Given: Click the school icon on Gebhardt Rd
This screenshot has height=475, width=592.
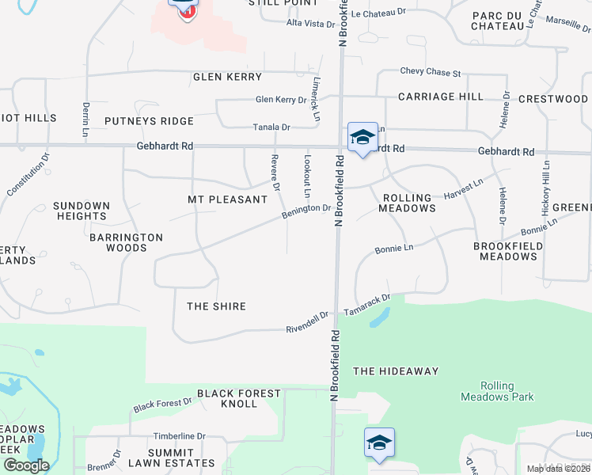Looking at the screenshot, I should (362, 137).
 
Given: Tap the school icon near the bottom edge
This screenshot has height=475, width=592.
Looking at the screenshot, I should (379, 443).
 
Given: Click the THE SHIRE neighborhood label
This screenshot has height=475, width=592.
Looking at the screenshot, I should (216, 306).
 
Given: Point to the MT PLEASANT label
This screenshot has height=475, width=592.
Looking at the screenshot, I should (228, 199).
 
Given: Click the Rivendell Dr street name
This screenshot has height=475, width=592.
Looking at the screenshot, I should (307, 321).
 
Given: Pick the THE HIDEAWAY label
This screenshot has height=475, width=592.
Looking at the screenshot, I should (396, 370).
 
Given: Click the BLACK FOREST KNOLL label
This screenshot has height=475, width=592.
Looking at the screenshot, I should (239, 398).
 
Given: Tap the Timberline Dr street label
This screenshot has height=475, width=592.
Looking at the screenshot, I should (179, 436).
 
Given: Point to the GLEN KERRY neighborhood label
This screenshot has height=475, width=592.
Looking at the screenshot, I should (227, 77).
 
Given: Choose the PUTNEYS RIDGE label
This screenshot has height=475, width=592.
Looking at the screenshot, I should (149, 121).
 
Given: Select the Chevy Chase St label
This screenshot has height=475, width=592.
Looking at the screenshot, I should (431, 72).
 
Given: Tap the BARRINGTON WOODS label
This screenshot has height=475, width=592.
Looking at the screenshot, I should (126, 242).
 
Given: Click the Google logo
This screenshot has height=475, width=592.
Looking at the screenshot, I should (26, 465).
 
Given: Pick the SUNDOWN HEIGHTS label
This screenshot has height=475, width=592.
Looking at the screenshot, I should (81, 211).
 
